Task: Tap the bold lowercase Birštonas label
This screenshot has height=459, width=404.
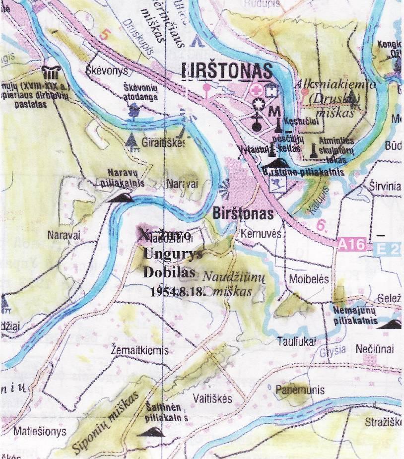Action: pyautogui.click(x=243, y=214)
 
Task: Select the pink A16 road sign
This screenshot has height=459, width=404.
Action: pyautogui.click(x=352, y=244)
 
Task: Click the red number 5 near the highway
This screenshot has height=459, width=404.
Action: pyautogui.click(x=103, y=35)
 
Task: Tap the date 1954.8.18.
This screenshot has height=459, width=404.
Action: pyautogui.click(x=177, y=291)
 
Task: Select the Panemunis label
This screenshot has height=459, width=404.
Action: pyautogui.click(x=300, y=390)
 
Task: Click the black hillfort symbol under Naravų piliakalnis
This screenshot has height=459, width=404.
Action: pyautogui.click(x=122, y=198)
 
